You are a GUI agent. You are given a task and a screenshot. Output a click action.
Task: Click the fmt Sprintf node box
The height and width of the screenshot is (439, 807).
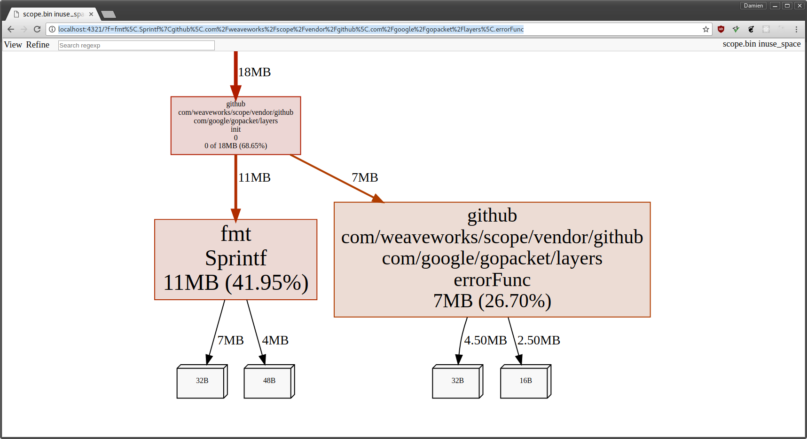click(x=235, y=259)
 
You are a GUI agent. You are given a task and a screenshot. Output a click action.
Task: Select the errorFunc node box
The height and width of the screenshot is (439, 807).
click(x=492, y=259)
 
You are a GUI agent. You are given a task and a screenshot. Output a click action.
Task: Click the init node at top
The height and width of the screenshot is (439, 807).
click(x=235, y=125)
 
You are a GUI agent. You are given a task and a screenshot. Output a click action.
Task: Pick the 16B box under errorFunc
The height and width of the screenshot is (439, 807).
click(x=525, y=381)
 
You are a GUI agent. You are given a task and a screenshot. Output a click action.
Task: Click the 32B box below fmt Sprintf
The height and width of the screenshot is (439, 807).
click(x=202, y=381)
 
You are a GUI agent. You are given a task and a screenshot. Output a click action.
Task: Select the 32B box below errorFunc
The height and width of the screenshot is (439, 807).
click(x=457, y=381)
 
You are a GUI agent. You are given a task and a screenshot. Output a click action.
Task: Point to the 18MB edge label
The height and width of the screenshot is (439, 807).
click(x=254, y=72)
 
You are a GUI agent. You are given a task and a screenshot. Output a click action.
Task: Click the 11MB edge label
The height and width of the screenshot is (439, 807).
click(x=254, y=178)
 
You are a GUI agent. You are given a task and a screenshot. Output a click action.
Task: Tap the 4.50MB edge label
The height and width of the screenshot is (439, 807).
click(x=485, y=340)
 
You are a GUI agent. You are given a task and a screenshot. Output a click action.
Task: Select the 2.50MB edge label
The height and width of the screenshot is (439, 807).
click(x=539, y=340)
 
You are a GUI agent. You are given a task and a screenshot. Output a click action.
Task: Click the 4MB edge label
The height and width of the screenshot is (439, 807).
click(x=275, y=340)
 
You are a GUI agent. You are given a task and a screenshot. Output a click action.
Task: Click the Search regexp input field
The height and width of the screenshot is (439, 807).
click(x=136, y=45)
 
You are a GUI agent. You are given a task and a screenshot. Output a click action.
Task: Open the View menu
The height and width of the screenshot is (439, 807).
click(x=13, y=45)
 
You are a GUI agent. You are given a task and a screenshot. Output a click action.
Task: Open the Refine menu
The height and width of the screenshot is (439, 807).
click(x=38, y=45)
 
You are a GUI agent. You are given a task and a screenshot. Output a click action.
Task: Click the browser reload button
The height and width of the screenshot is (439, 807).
click(x=37, y=29)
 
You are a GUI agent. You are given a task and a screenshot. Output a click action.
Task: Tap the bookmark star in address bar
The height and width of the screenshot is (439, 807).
click(x=705, y=29)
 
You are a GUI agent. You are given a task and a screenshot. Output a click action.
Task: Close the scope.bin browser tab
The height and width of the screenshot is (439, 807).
click(x=91, y=14)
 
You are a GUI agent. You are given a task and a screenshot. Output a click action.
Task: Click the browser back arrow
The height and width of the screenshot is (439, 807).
click(x=11, y=29)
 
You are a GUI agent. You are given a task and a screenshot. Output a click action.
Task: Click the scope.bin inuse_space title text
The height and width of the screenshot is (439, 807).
click(x=761, y=44)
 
